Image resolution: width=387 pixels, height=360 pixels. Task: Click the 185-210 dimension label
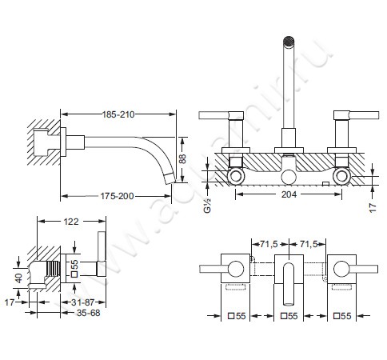click(x=118, y=114)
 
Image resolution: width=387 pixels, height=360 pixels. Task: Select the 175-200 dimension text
click(x=117, y=196)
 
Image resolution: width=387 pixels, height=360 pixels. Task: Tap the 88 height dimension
click(x=182, y=159)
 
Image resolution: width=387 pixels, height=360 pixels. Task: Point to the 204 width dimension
click(x=289, y=194)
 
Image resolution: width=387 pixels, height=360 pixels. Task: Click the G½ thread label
click(x=207, y=206)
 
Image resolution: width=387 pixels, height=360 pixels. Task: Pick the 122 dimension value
click(x=71, y=222)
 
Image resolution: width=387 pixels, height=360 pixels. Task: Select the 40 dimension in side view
click(x=19, y=278)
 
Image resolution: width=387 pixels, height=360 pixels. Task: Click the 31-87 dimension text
click(x=83, y=302)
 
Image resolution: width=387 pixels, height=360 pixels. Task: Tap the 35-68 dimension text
click(x=88, y=313)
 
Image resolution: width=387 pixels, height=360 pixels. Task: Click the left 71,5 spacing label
click(x=268, y=244)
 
